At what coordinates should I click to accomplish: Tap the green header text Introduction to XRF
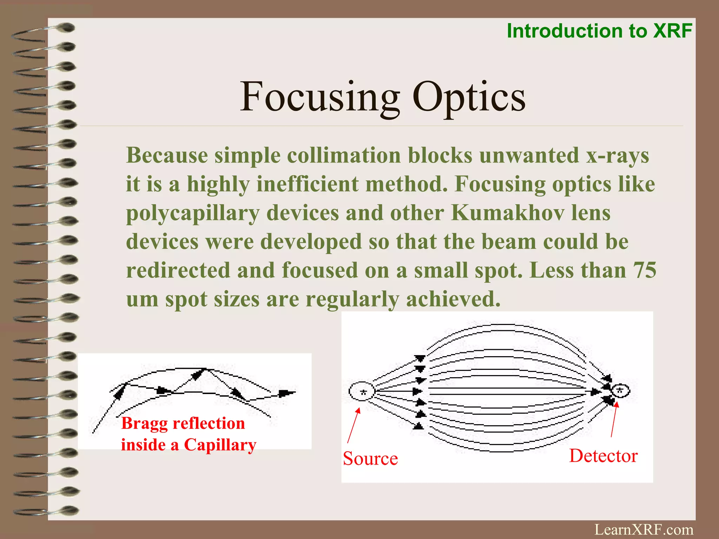click(x=599, y=31)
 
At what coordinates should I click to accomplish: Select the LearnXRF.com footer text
click(x=644, y=530)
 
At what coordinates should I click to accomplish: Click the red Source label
click(x=370, y=458)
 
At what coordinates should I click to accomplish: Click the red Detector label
click(x=603, y=455)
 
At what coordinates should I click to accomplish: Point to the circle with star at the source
click(x=362, y=391)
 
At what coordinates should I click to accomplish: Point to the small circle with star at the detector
click(x=620, y=391)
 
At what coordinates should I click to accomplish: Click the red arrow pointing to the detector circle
click(x=614, y=419)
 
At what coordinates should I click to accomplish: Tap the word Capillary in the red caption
click(x=220, y=445)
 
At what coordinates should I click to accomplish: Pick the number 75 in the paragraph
click(x=645, y=270)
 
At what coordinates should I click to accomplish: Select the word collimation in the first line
click(x=344, y=155)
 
